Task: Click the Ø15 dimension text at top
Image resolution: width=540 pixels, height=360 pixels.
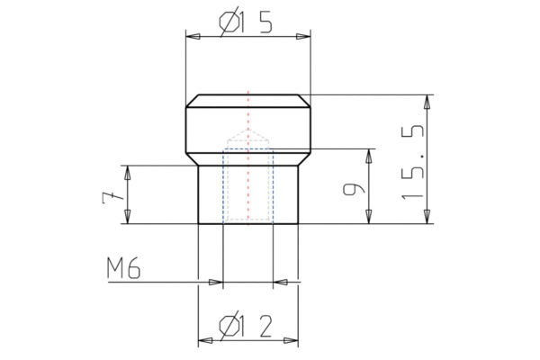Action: [x=245, y=25]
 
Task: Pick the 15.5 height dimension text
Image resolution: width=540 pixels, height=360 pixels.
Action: [x=414, y=162]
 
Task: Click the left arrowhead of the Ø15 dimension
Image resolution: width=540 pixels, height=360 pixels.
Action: [x=192, y=36]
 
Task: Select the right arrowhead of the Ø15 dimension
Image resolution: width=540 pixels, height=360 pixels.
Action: [x=303, y=36]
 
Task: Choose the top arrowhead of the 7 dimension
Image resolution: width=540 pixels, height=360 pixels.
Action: [x=128, y=172]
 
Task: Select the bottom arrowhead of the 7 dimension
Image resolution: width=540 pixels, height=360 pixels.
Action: [x=128, y=216]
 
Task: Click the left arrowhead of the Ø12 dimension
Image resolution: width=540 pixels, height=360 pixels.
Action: [x=204, y=341]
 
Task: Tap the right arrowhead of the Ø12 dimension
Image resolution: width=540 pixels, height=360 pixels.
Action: [x=292, y=341]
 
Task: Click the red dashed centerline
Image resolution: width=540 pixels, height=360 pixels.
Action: [x=247, y=112]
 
